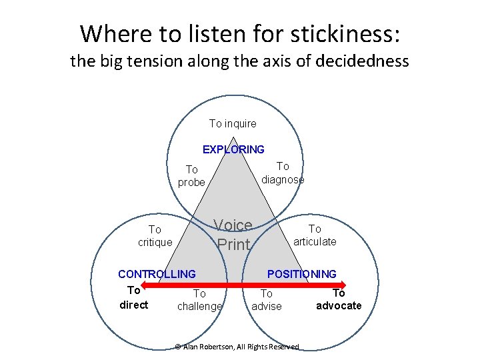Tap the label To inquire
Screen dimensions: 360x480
pos(233,123)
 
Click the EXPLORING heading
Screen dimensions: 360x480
pos(233,149)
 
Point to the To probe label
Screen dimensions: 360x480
pos(191,176)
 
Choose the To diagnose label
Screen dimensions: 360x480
pos(283,173)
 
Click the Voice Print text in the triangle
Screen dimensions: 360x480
pos(233,235)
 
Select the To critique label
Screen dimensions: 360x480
pos(155,235)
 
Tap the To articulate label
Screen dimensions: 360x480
pos(315,235)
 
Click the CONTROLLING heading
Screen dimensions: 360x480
pos(157,274)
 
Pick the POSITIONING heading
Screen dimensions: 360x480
pos(301,274)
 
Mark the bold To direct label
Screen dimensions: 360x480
pos(133,297)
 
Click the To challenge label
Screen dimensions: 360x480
pos(199,299)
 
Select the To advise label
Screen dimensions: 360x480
pos(266,299)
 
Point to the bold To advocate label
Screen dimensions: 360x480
pos(339,299)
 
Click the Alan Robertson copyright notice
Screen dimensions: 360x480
pos(237,346)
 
